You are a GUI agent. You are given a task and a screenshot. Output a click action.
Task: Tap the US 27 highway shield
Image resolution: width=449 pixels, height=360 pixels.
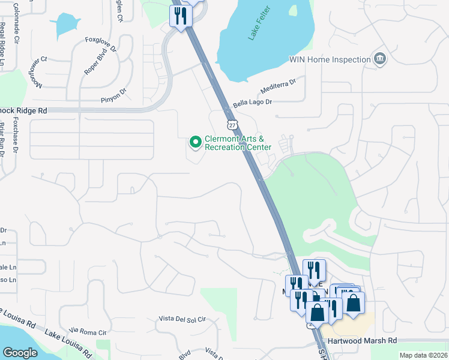(x=232, y=124)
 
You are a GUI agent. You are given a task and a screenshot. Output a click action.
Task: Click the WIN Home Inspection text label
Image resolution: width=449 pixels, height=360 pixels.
(x=330, y=59)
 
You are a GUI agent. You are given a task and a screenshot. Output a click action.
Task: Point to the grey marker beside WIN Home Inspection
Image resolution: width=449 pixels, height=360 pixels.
(x=379, y=59)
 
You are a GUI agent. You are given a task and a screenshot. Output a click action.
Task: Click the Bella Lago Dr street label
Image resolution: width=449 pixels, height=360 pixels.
(x=253, y=103)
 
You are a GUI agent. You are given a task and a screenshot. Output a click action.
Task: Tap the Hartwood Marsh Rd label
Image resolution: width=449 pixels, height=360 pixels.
(x=368, y=340)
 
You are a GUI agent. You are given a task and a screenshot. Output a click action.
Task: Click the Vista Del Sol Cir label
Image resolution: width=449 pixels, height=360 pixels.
(x=182, y=318)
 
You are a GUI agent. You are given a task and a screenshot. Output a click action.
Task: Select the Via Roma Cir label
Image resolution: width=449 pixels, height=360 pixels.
(x=88, y=331)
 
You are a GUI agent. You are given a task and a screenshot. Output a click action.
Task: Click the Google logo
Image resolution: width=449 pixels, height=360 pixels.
(x=20, y=353)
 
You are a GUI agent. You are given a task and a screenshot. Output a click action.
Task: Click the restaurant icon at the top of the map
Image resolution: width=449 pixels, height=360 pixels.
(x=181, y=16)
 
